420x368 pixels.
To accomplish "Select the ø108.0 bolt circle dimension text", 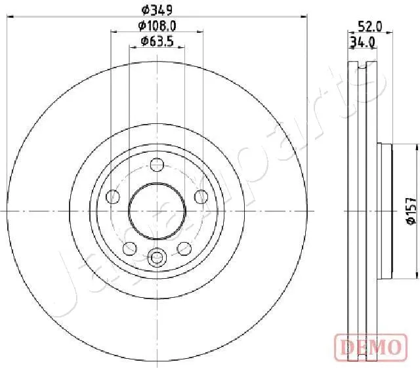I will click(x=157, y=26).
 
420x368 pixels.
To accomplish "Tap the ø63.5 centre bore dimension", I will click(x=157, y=41).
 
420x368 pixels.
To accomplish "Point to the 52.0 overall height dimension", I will click(x=369, y=26).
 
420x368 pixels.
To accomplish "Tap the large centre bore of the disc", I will click(x=157, y=211).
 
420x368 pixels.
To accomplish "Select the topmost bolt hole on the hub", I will click(x=157, y=165).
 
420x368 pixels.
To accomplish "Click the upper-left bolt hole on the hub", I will click(x=114, y=196).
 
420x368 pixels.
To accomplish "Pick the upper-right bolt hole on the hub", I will click(x=201, y=196).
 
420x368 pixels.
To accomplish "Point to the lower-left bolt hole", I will click(x=130, y=247).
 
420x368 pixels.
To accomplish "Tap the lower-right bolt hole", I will click(x=184, y=247).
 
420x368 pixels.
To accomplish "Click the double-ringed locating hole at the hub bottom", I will click(x=157, y=256).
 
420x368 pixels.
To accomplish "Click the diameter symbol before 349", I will click(x=146, y=10).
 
